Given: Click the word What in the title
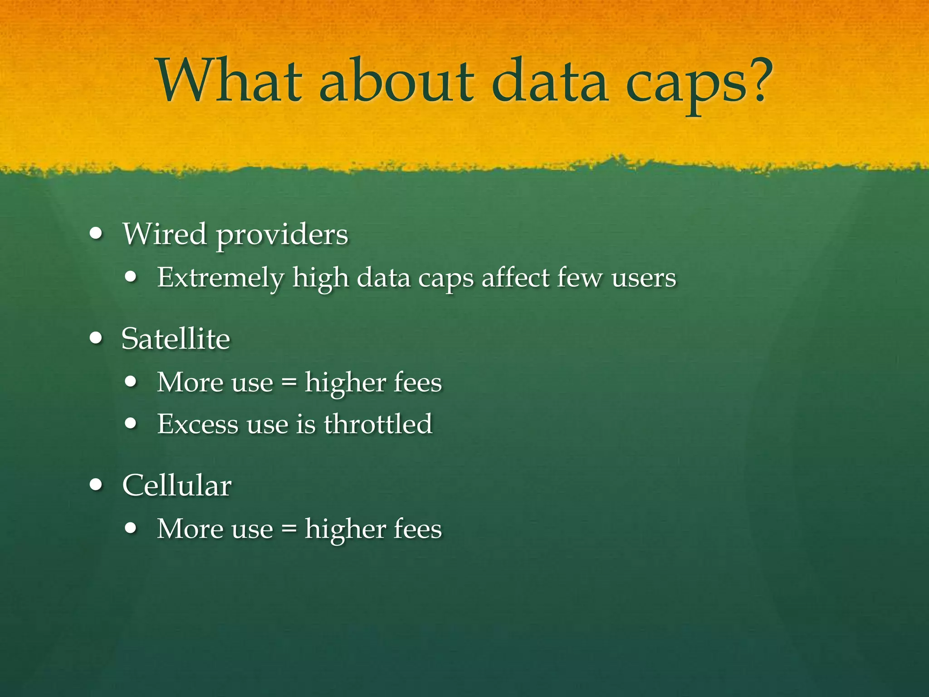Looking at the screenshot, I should (229, 82).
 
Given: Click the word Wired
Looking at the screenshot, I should (165, 234).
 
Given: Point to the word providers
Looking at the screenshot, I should (282, 236).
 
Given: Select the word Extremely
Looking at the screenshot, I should (220, 278).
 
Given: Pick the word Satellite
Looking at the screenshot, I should (176, 339).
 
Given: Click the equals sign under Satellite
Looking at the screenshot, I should (289, 383).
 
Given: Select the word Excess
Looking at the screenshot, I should (197, 424).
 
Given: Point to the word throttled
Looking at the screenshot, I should (378, 424).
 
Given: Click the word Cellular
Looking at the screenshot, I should (177, 485).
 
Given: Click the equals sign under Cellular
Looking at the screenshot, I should (289, 529).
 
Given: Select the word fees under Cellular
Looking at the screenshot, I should (417, 529).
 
